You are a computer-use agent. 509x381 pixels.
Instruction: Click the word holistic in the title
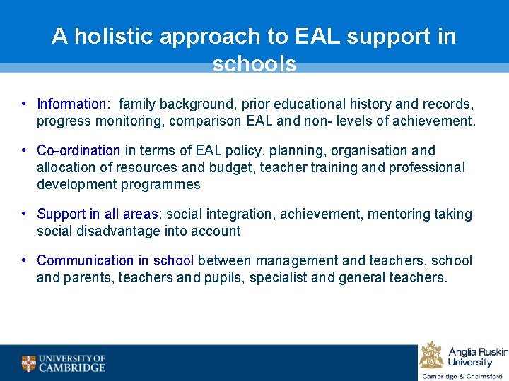coord(113,37)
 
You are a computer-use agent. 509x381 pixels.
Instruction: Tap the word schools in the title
coord(255,64)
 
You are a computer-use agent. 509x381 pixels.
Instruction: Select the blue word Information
coord(72,104)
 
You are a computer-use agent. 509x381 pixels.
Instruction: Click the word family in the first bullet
coord(138,104)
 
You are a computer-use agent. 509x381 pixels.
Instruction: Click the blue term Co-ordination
coord(78,150)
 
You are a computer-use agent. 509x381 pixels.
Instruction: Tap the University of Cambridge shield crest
coord(28,363)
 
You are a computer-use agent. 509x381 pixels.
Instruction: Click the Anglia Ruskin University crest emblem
coord(431,355)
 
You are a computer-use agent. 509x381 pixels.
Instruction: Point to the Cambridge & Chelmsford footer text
coord(462,376)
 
